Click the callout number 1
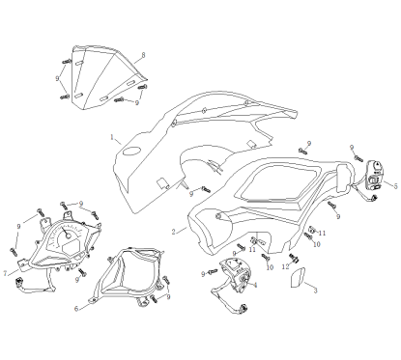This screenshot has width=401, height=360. pos(113,137)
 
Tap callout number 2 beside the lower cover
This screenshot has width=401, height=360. pos(173,233)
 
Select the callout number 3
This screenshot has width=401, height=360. pos(315,291)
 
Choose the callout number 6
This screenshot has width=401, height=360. pos(75,309)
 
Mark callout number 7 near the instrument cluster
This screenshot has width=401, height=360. pos(6,273)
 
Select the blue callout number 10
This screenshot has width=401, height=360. pos(271,266)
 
